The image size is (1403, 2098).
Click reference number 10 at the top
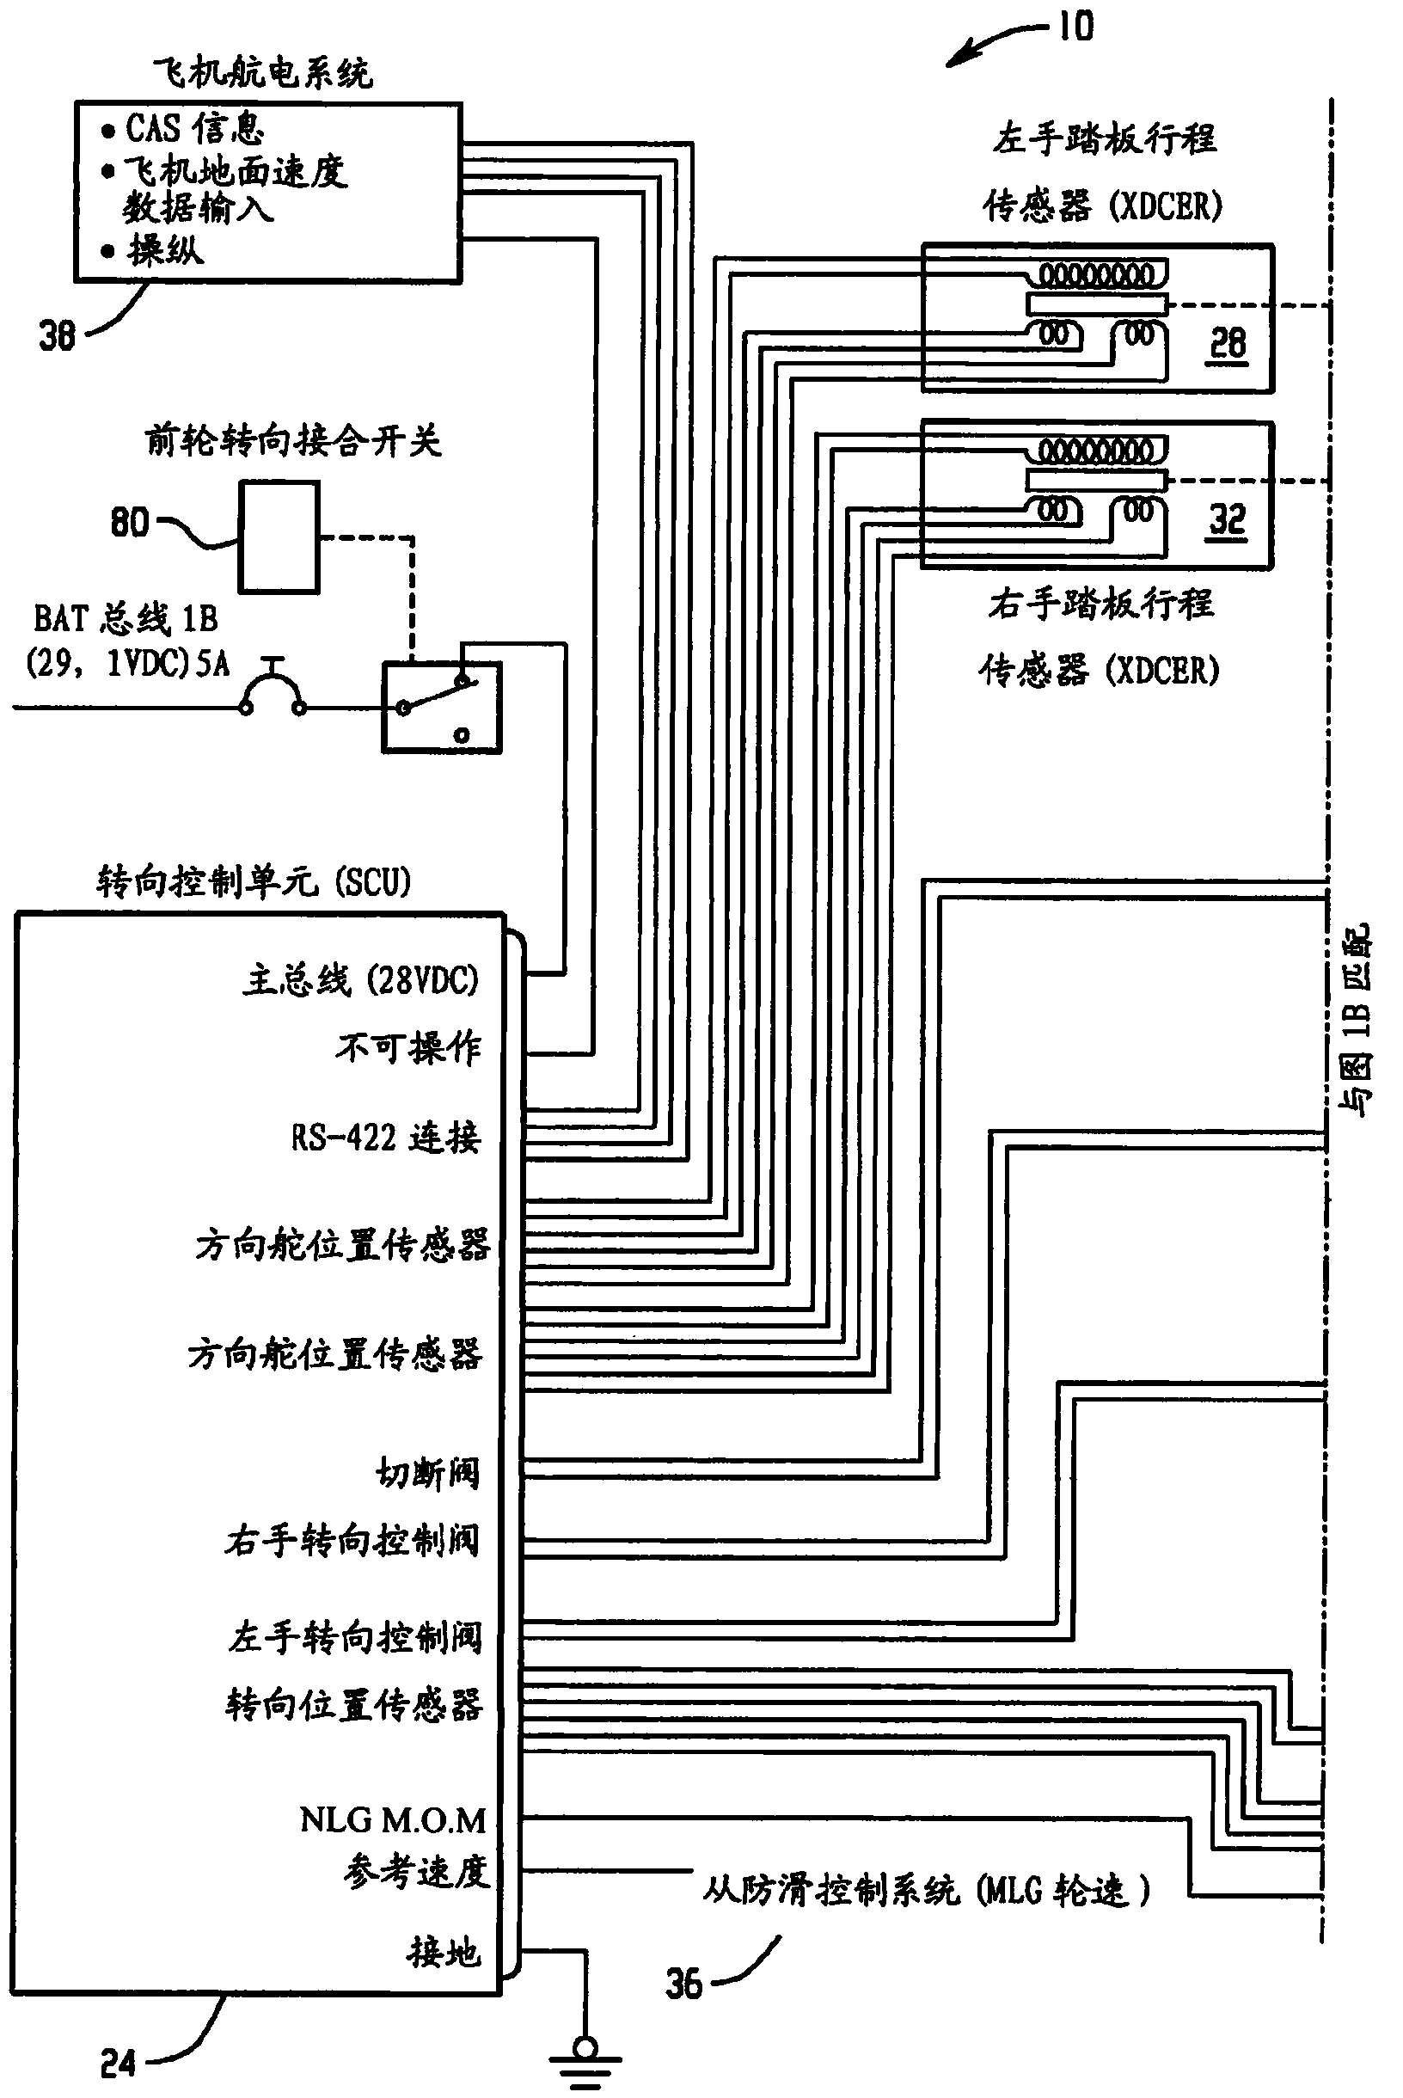[x=1075, y=27]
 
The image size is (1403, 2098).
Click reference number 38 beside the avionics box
[x=57, y=335]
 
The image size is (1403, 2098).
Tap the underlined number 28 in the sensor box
[x=1228, y=343]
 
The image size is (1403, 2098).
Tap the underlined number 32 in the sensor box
[x=1227, y=518]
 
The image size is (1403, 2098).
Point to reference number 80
[x=129, y=522]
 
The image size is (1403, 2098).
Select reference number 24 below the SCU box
[x=118, y=2063]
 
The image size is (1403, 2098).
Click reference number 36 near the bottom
[x=683, y=1984]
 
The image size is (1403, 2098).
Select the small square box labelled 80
[x=279, y=537]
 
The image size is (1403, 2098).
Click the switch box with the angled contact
[x=441, y=707]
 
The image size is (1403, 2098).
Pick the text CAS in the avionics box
[x=153, y=129]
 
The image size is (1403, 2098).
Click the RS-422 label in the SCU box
[x=344, y=1138]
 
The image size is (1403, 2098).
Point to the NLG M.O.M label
[x=393, y=1819]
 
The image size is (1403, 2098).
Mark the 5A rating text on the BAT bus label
[x=213, y=664]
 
